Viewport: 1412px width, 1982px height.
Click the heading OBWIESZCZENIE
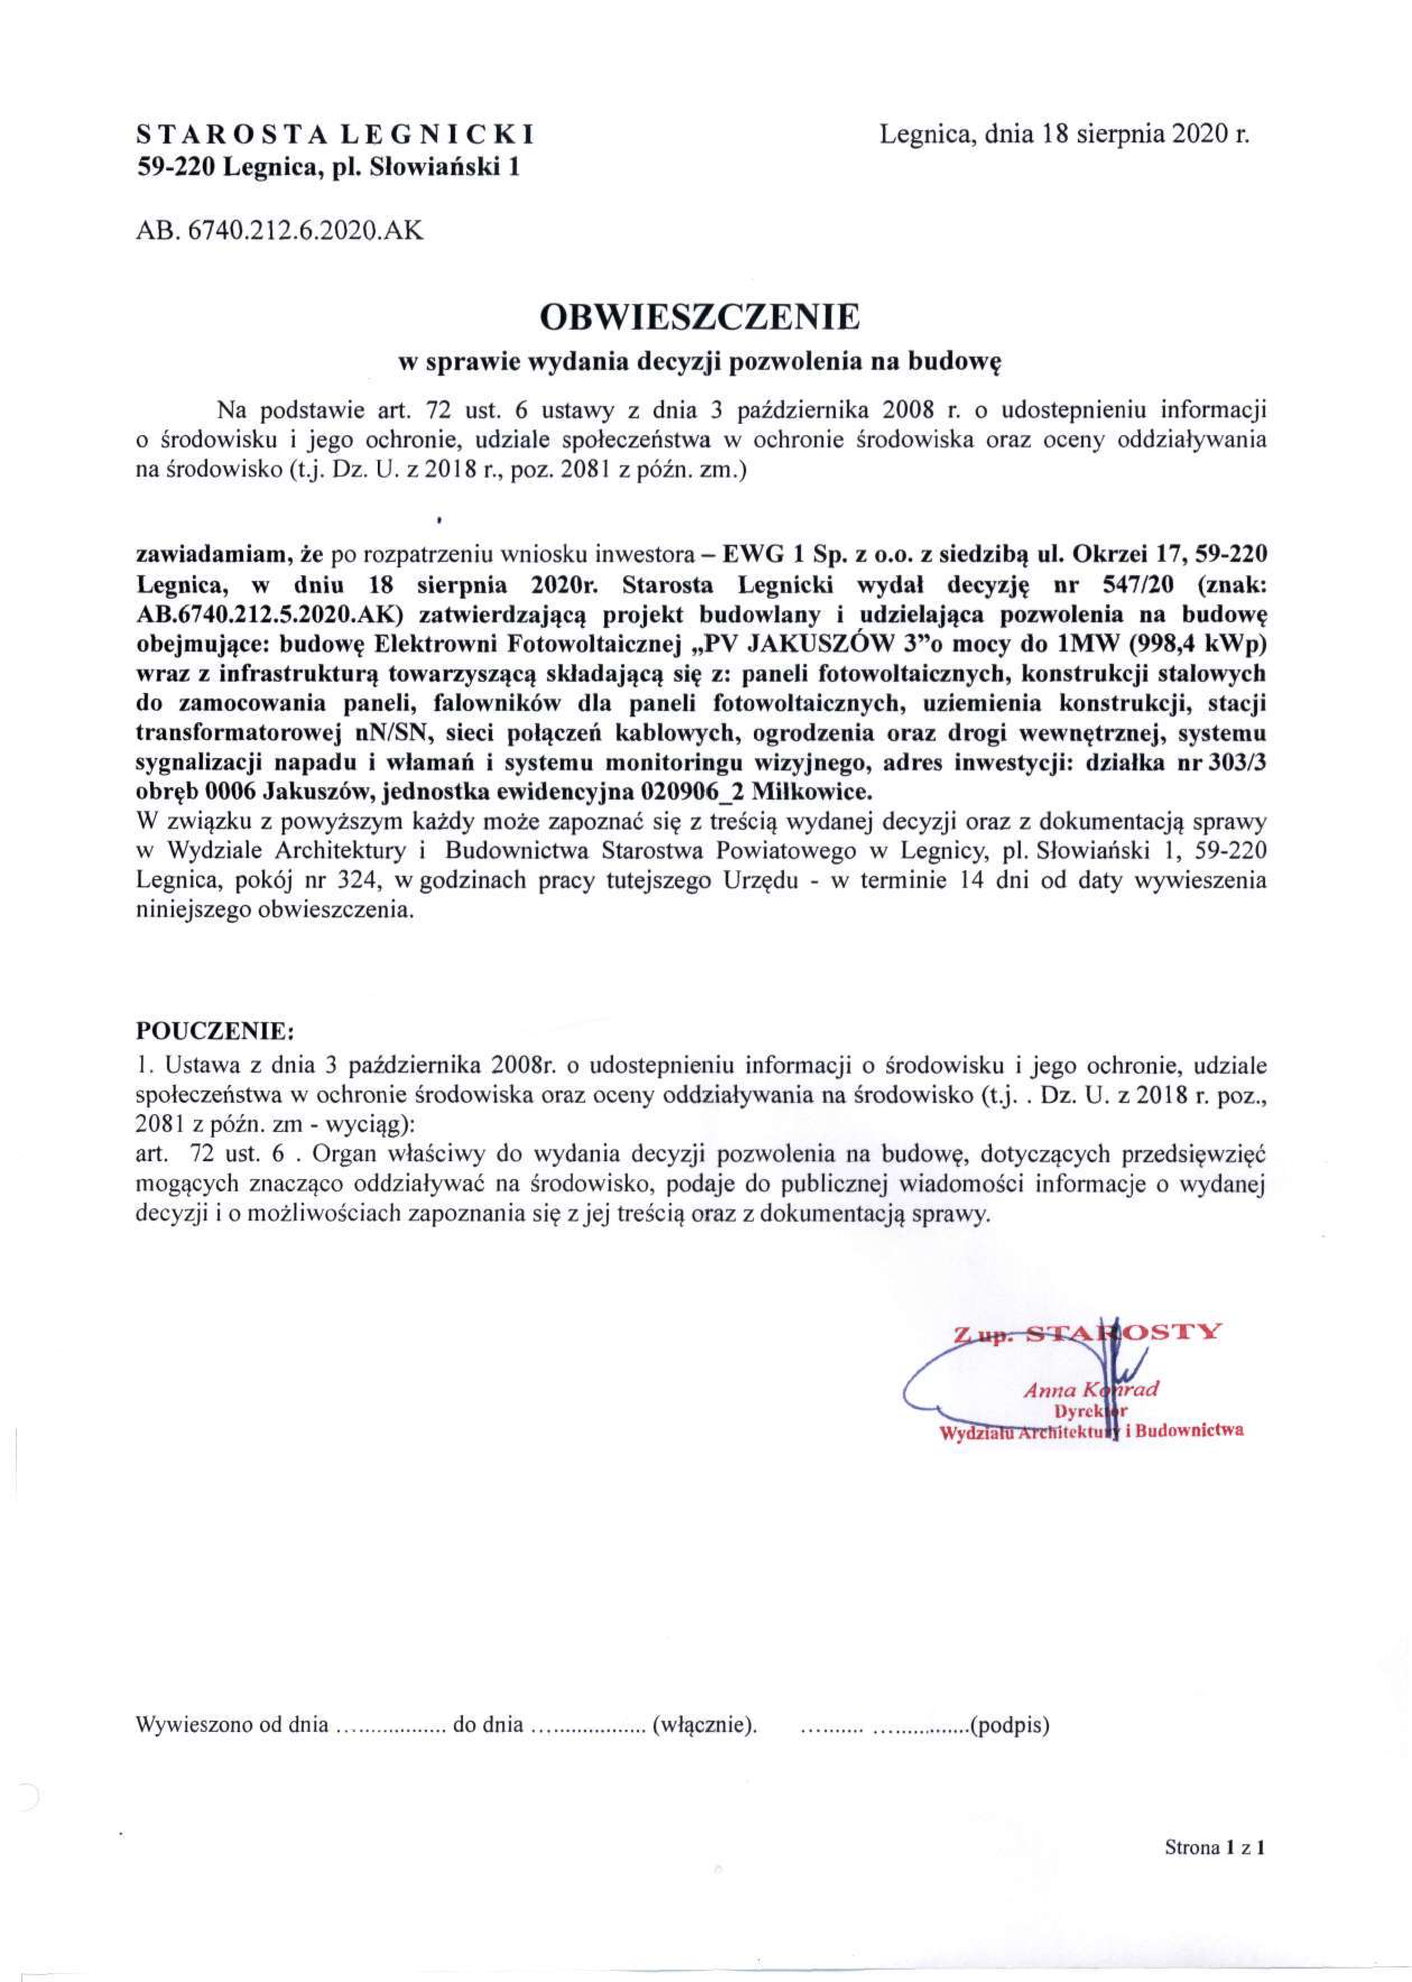700,317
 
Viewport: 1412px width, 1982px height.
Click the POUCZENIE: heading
216,1032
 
